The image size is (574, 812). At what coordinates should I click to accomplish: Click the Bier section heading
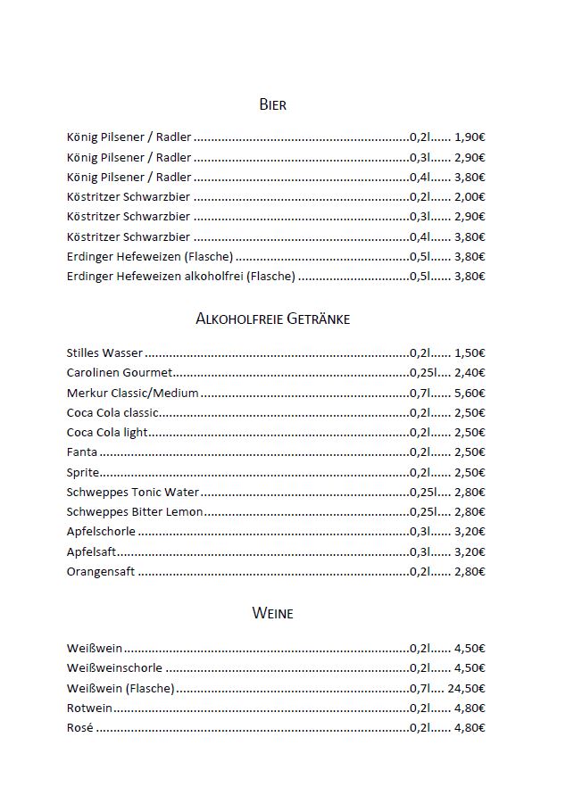click(x=272, y=105)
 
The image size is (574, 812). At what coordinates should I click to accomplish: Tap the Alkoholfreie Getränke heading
click(x=272, y=319)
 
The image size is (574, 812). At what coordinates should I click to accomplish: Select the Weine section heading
click(x=272, y=614)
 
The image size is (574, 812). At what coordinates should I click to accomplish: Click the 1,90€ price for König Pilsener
click(x=470, y=137)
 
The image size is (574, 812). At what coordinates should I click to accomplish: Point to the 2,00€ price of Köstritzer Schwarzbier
click(x=470, y=197)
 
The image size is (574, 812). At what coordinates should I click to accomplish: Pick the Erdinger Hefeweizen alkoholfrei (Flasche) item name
click(x=180, y=277)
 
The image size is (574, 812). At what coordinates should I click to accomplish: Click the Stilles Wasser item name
click(x=104, y=353)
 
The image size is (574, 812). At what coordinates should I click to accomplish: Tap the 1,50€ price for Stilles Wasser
click(x=470, y=353)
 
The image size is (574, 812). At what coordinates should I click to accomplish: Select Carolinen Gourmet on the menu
click(x=120, y=373)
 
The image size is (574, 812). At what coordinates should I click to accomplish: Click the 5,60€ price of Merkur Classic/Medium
click(x=470, y=393)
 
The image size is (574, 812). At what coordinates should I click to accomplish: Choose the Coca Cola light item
click(x=107, y=433)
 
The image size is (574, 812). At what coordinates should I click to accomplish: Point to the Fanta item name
click(x=82, y=452)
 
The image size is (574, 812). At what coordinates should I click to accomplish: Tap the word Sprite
click(x=83, y=472)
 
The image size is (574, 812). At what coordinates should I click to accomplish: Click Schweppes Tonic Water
click(x=133, y=492)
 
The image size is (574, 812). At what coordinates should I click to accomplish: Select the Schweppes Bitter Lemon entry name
click(x=135, y=511)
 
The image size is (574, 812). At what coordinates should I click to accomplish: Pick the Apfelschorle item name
click(x=101, y=532)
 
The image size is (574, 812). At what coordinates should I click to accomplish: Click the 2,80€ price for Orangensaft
click(x=470, y=571)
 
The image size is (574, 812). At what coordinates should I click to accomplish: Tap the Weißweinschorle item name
click(x=115, y=668)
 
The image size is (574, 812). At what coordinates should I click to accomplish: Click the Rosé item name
click(x=80, y=728)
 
